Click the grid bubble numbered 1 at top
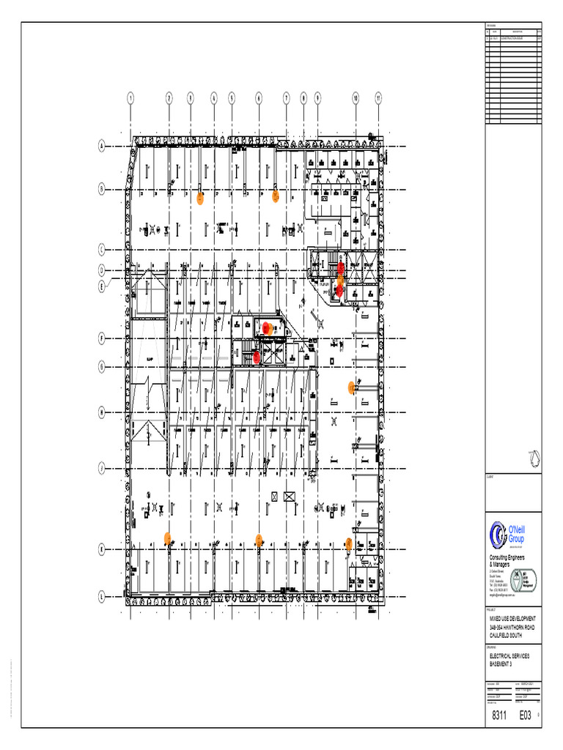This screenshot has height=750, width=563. (130, 97)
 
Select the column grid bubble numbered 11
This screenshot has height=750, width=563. (378, 97)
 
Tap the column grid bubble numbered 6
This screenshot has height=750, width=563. (258, 97)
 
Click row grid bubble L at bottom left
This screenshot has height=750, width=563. (100, 598)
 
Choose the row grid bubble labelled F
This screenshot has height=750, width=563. (100, 338)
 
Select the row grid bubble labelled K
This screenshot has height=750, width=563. (100, 549)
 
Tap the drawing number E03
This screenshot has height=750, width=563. (526, 716)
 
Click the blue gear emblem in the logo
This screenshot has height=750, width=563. (499, 535)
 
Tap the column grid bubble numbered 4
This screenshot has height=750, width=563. (214, 97)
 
